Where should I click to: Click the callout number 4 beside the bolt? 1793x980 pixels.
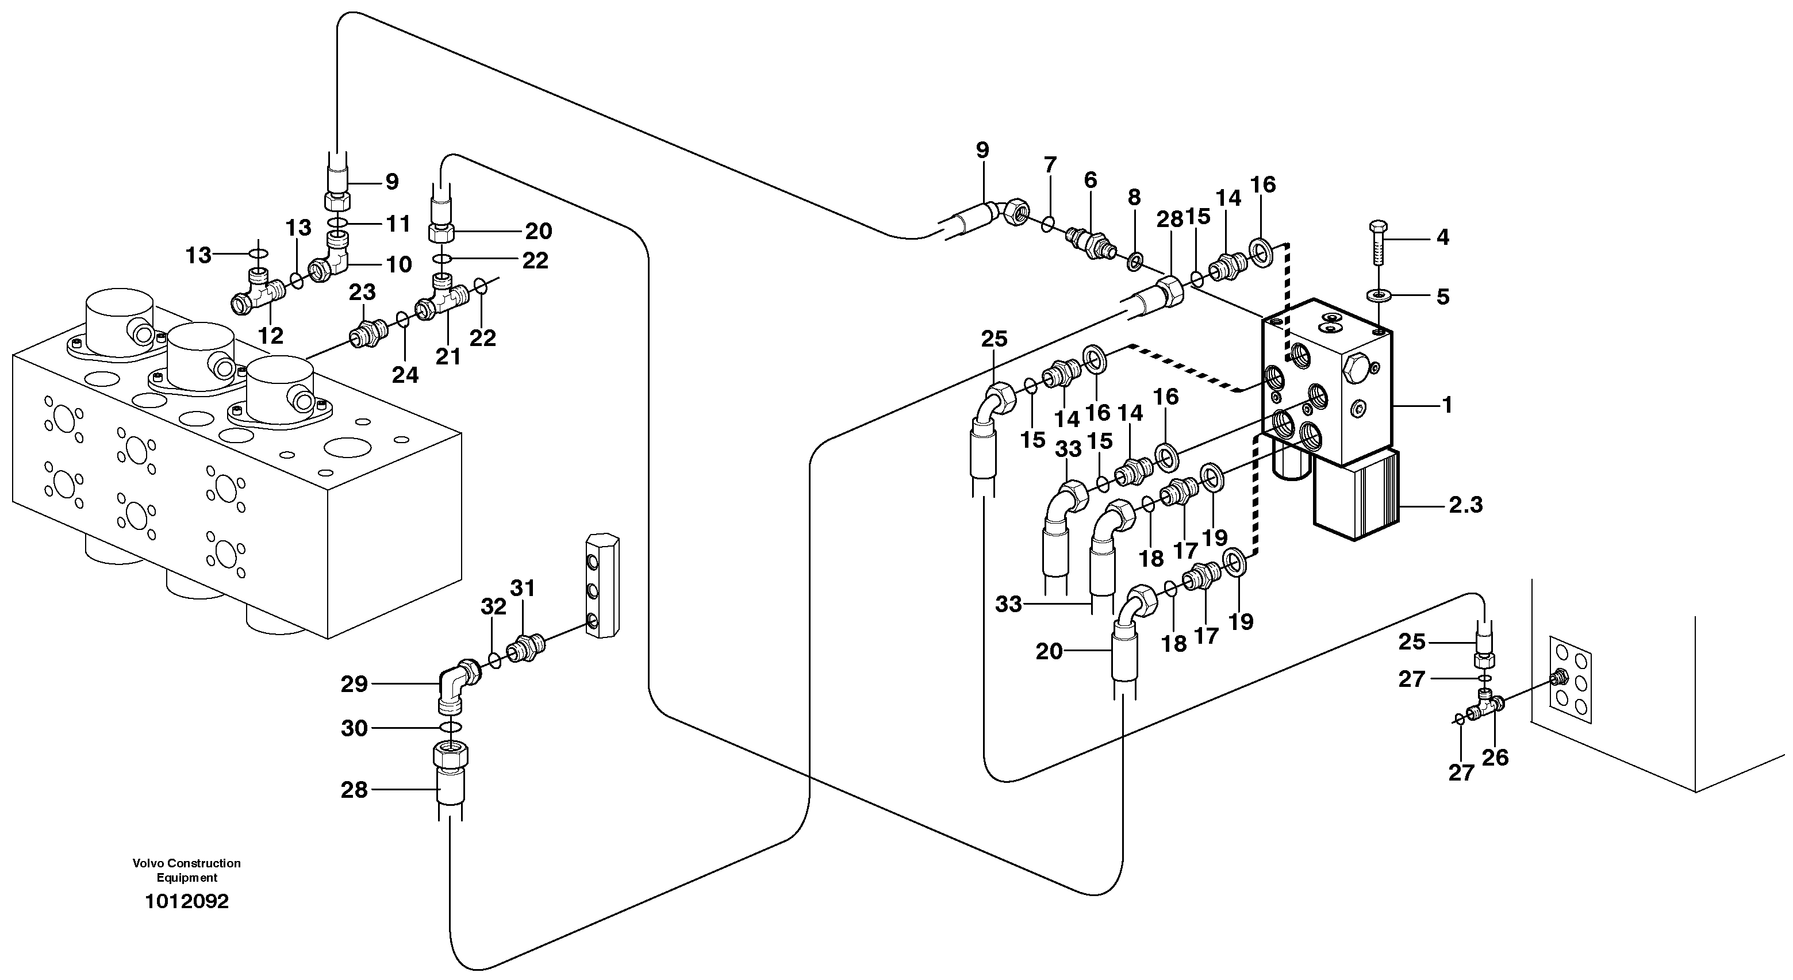click(x=1443, y=237)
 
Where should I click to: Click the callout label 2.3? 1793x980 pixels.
click(x=1465, y=505)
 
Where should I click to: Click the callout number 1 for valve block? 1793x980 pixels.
click(x=1448, y=405)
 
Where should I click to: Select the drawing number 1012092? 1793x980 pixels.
click(x=186, y=902)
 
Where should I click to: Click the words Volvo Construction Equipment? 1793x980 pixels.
click(x=186, y=870)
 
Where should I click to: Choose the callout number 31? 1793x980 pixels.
click(x=523, y=588)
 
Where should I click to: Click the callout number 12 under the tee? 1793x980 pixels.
click(x=271, y=336)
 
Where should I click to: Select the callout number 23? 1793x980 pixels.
click(x=362, y=293)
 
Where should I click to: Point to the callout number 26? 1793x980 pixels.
click(x=1495, y=758)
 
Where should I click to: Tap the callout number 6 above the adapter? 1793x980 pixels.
click(x=1090, y=180)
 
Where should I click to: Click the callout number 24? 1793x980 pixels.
click(x=405, y=375)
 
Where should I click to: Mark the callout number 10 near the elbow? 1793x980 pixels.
click(x=399, y=264)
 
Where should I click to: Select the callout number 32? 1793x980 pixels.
click(x=493, y=607)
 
